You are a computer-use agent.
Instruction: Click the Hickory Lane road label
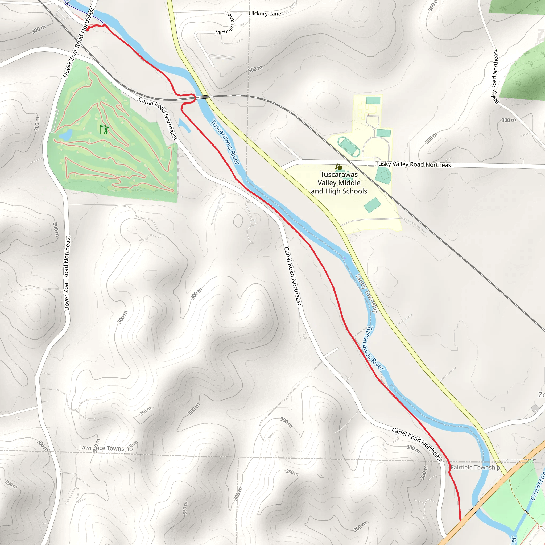(x=265, y=14)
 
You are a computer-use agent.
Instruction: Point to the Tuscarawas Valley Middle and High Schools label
(x=339, y=183)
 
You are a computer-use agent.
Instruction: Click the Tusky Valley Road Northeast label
(x=414, y=164)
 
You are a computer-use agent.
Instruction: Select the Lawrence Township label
(x=106, y=448)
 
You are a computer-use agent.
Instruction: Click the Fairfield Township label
(x=475, y=467)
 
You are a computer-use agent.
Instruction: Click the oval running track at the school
(x=349, y=147)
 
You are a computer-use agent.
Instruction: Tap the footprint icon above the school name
(x=338, y=167)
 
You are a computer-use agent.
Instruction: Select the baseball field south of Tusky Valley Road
(x=384, y=175)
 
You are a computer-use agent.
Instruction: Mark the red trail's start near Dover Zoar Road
(x=88, y=29)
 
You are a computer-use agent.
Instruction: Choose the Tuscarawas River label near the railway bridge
(x=225, y=142)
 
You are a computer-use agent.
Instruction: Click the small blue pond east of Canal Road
(x=184, y=125)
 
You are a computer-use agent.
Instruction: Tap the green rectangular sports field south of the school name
(x=372, y=205)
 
